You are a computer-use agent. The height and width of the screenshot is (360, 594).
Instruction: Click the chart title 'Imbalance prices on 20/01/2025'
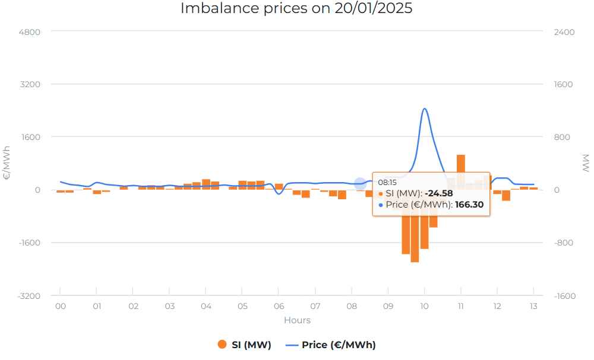(296, 9)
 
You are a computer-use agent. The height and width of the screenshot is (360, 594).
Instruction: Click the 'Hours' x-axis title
(297, 320)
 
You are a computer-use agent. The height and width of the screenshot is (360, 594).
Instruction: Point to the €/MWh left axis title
(7, 163)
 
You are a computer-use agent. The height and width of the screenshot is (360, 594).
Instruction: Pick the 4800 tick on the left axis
(29, 31)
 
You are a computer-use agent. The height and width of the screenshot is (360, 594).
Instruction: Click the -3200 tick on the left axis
(27, 295)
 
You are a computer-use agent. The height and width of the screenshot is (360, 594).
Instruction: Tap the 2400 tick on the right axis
(564, 31)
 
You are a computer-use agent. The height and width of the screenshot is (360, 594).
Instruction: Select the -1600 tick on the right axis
(565, 295)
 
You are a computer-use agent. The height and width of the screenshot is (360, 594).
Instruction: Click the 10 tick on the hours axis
(424, 306)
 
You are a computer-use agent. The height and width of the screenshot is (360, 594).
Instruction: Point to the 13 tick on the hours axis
(533, 306)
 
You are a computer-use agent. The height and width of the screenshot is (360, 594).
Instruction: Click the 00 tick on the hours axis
(60, 306)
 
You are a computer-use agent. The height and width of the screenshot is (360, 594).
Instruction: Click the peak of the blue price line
(424, 109)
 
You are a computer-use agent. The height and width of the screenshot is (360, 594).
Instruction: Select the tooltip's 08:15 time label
(387, 183)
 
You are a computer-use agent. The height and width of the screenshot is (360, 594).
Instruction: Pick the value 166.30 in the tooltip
(469, 205)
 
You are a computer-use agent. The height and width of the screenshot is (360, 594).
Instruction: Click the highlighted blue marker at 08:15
(360, 184)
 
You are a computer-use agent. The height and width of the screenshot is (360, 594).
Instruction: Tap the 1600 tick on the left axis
(29, 137)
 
